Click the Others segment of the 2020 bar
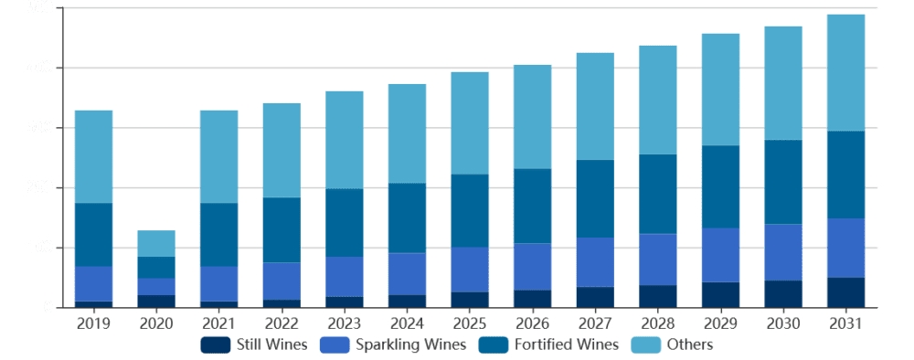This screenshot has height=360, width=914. tap(155, 243)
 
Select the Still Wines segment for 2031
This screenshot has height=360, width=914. tap(845, 292)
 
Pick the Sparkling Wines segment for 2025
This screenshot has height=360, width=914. tap(469, 270)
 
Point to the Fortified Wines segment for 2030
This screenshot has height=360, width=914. tap(782, 182)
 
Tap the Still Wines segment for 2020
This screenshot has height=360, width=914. tap(155, 301)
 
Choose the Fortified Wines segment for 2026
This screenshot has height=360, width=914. tap(532, 206)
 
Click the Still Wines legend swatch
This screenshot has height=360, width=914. tap(216, 344)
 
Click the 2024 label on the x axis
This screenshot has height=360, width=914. tap(406, 323)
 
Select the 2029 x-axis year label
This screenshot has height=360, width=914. tap(719, 323)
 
